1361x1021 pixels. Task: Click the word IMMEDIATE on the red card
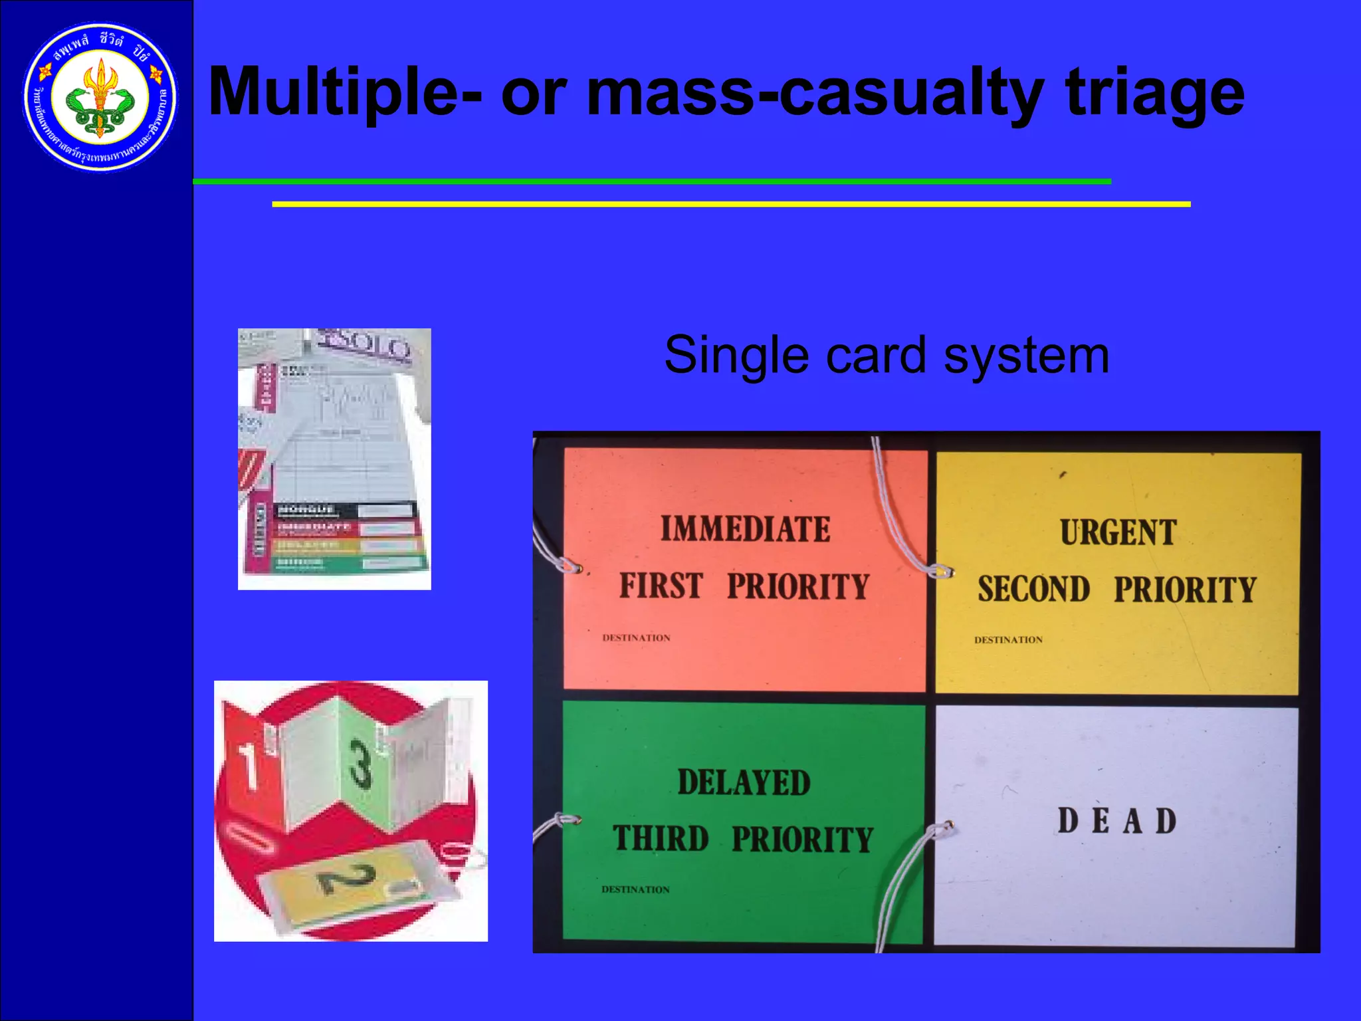coord(745,530)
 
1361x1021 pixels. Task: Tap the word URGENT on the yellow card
coord(1118,533)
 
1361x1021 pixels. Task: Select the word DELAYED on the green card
coord(744,782)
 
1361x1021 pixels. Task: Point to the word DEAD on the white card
coord(1117,821)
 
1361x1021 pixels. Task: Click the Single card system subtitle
coord(887,355)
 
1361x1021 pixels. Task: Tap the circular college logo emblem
coord(100,98)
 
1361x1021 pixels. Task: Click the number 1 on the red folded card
coord(248,766)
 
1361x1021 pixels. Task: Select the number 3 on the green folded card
coord(360,764)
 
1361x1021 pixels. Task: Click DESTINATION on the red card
coord(636,638)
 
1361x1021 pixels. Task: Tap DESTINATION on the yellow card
coord(1008,640)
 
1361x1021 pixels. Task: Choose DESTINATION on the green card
coord(635,889)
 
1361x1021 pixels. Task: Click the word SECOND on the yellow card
coord(1033,590)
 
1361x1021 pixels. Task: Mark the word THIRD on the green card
coord(661,839)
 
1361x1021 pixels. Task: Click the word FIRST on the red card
coord(661,586)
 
